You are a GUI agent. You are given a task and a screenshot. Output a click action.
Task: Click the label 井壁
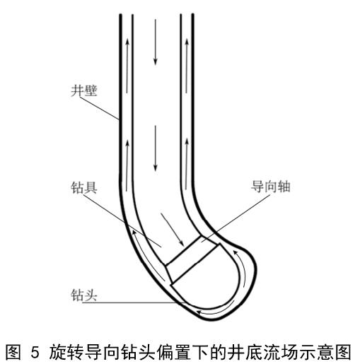pos(84,90)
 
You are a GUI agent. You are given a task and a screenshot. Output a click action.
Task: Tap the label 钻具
pos(84,188)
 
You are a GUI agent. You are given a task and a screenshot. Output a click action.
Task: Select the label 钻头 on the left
pos(84,295)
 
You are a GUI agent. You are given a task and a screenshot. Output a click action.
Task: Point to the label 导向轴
pos(270,187)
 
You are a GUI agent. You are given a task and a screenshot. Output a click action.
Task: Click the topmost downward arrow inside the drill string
pos(156,42)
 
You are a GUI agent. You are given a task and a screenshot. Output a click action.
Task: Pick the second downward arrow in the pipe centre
pos(156,148)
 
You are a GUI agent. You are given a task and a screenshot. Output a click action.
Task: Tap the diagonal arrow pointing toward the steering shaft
pos(173,230)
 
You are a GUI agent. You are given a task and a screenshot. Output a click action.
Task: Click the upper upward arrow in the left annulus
pos(127,66)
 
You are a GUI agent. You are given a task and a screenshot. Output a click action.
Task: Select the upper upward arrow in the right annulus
pos(187,66)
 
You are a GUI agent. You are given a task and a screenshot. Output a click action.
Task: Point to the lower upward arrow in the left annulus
pos(127,165)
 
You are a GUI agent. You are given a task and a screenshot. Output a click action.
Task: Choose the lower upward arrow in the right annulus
pos(187,164)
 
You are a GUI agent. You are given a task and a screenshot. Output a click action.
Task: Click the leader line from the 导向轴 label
pos(236,218)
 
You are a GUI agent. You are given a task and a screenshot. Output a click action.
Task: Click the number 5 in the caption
pos(35,352)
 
